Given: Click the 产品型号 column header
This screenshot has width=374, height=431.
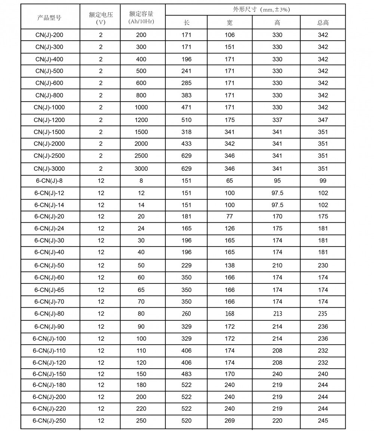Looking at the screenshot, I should point(49,17).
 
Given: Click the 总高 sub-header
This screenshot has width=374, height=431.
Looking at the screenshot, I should point(323,22).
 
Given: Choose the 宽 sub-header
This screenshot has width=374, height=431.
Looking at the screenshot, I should point(230,22).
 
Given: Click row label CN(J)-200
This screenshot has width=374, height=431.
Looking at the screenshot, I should point(49,35).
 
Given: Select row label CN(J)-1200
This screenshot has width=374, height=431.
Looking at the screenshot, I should point(49,120).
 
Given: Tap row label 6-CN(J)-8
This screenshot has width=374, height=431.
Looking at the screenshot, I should point(49,181).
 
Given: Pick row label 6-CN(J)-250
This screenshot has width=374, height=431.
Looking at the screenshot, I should point(49,421).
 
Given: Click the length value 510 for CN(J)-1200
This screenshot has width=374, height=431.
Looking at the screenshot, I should point(186,120).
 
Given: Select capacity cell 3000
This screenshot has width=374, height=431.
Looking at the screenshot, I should point(141,168).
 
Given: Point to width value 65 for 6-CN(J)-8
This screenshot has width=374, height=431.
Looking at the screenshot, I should point(230,181).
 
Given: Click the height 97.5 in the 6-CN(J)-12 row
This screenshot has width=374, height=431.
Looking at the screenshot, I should point(277,193).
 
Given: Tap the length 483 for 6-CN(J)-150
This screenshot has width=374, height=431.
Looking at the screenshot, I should point(186,374).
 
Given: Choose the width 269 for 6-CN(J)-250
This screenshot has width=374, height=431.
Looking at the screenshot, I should point(230,421).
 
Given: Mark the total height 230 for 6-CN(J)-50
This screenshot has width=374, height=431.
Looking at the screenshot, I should point(323,266).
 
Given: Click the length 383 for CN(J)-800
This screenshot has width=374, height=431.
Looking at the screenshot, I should point(186,95).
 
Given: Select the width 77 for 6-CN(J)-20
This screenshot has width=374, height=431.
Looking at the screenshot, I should point(230,216).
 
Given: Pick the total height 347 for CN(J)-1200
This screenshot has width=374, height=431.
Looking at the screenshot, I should point(323,120).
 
